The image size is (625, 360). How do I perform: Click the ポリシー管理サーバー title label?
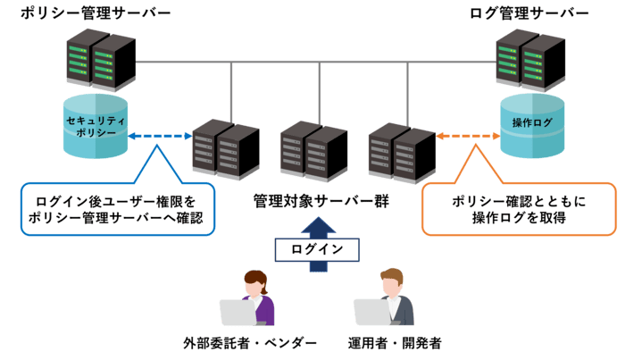coord(96,13)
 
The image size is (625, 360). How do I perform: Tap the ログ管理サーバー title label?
coord(529,13)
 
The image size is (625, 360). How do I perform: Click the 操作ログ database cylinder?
coord(532,124)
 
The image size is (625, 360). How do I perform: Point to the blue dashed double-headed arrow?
coord(160,137)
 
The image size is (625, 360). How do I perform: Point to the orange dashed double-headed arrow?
coord(468,136)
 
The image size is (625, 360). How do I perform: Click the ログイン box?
coord(316,249)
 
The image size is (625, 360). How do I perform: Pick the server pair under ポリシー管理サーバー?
coord(100,61)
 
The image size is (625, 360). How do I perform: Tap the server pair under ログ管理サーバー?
coord(530,60)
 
